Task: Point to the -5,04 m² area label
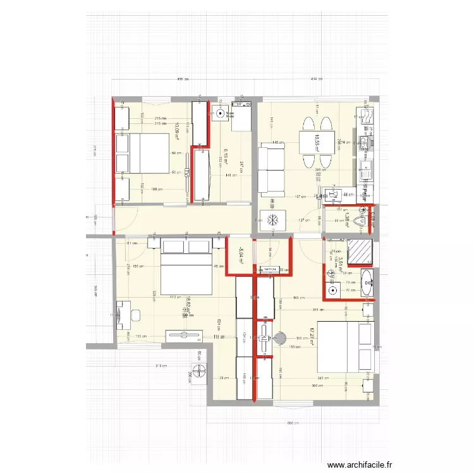[x=241, y=255]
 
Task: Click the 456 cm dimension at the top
[x=183, y=80]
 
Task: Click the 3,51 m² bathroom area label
[x=340, y=264]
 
